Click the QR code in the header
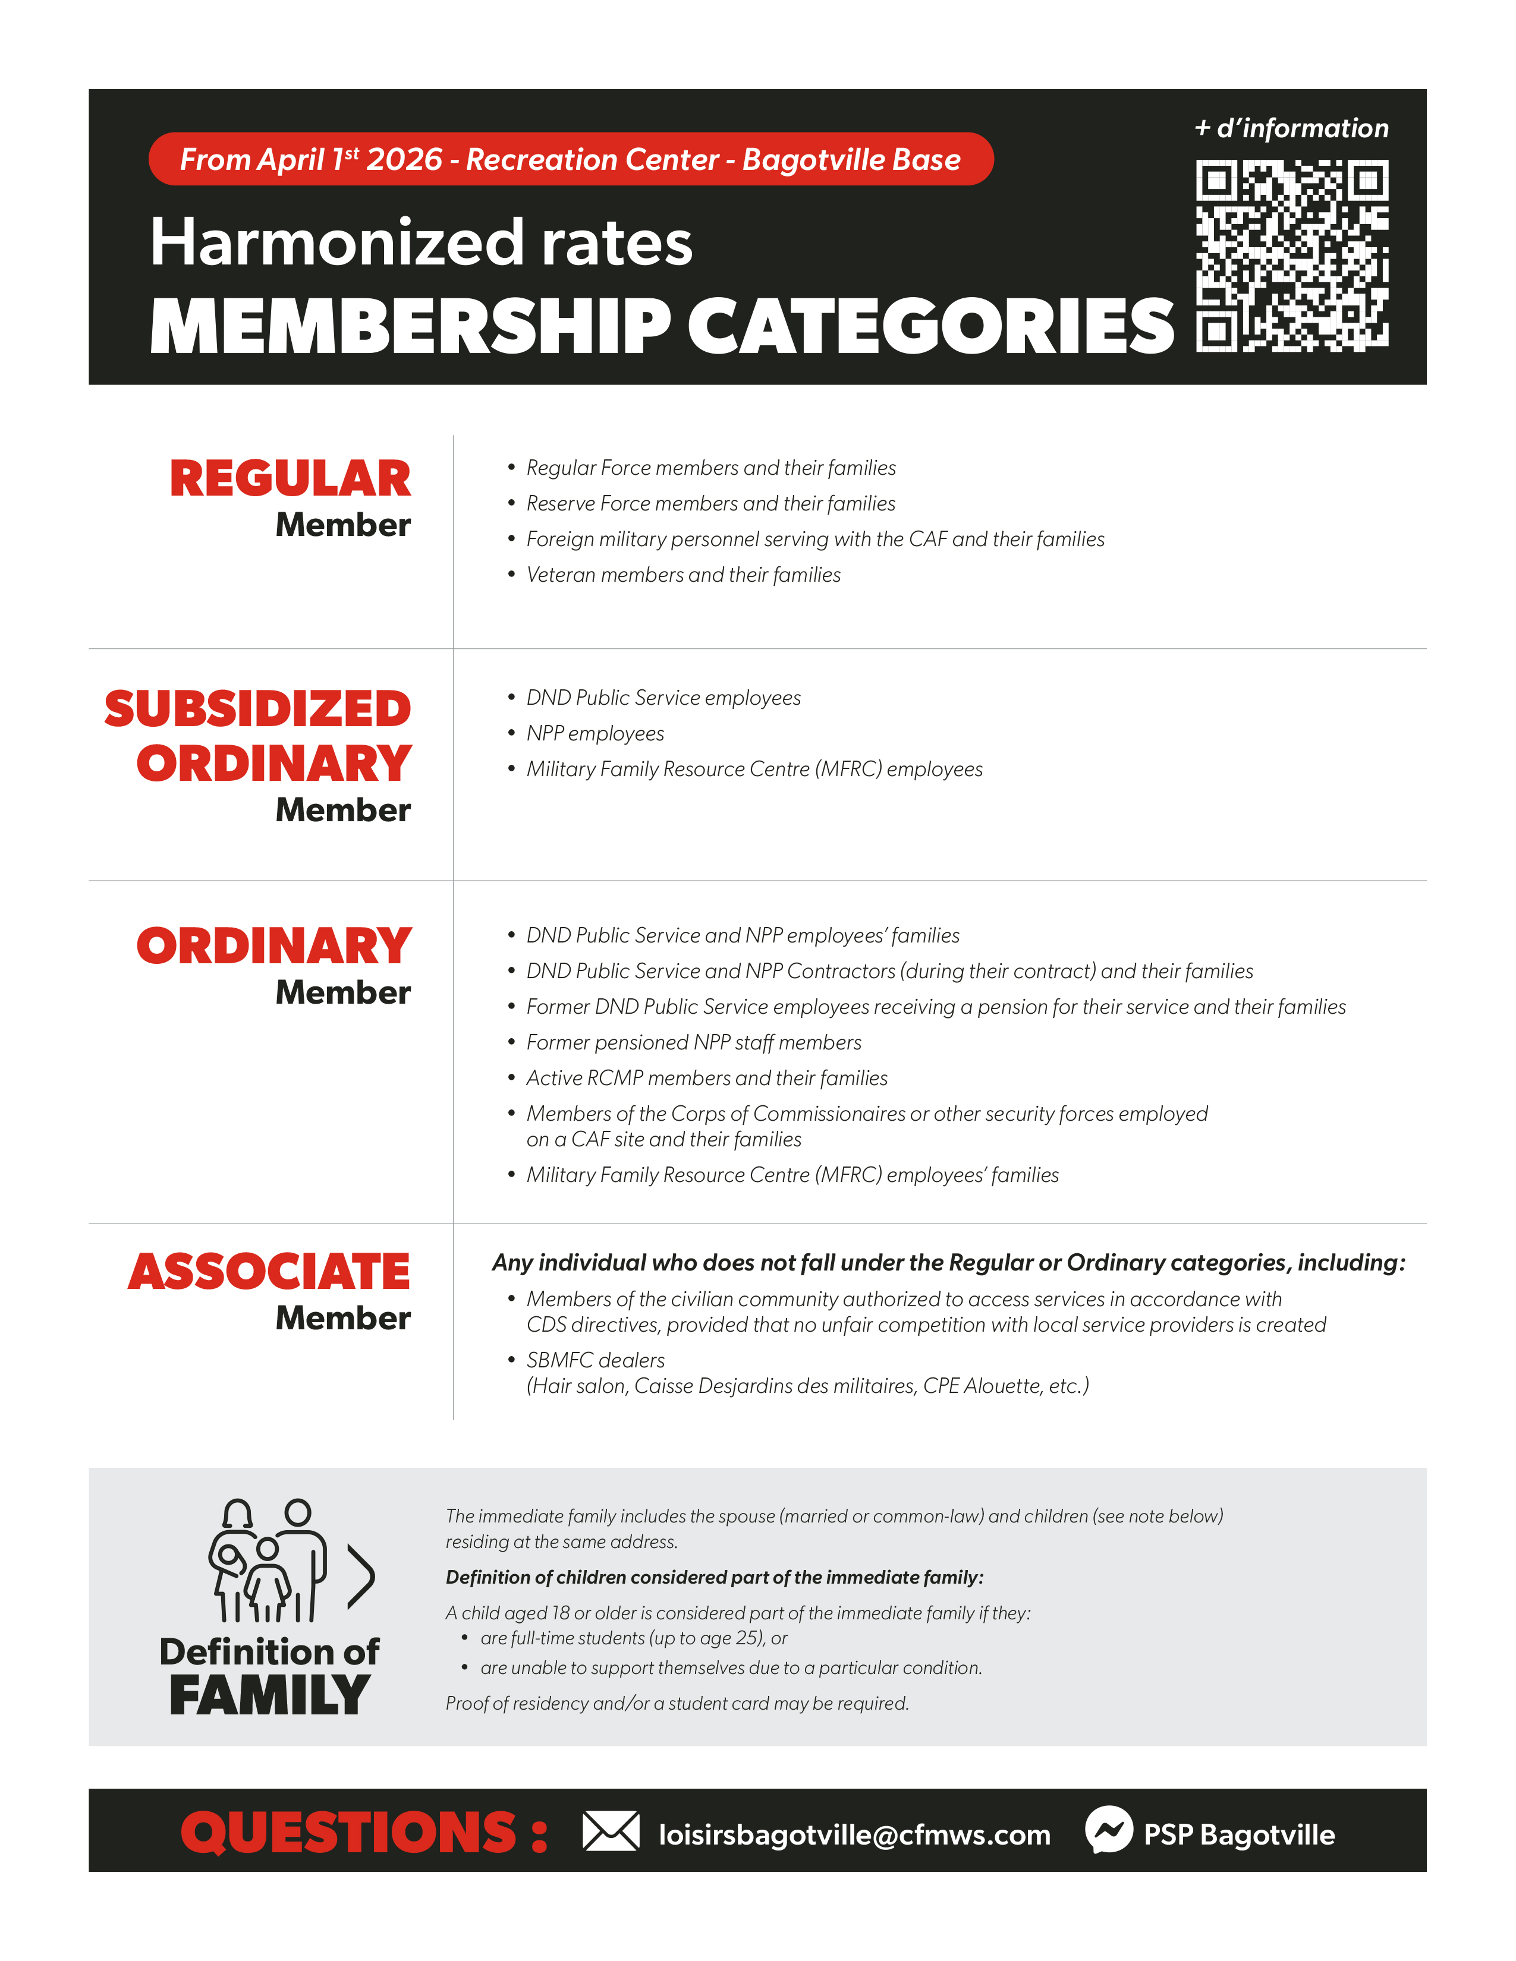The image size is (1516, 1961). pyautogui.click(x=1291, y=255)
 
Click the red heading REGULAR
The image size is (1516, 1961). pyautogui.click(x=290, y=478)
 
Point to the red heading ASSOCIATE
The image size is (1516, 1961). pyautogui.click(x=269, y=1272)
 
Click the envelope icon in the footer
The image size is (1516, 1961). pyautogui.click(x=611, y=1831)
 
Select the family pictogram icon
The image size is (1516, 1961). pyautogui.click(x=267, y=1560)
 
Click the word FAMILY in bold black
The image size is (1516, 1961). pyautogui.click(x=269, y=1695)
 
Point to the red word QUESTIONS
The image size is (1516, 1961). pyautogui.click(x=348, y=1831)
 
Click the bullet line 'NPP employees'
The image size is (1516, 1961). pyautogui.click(x=595, y=733)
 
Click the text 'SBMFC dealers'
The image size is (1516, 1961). pyautogui.click(x=596, y=1360)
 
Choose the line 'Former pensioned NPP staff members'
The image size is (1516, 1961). pyautogui.click(x=693, y=1042)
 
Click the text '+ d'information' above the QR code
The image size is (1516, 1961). pyautogui.click(x=1291, y=128)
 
